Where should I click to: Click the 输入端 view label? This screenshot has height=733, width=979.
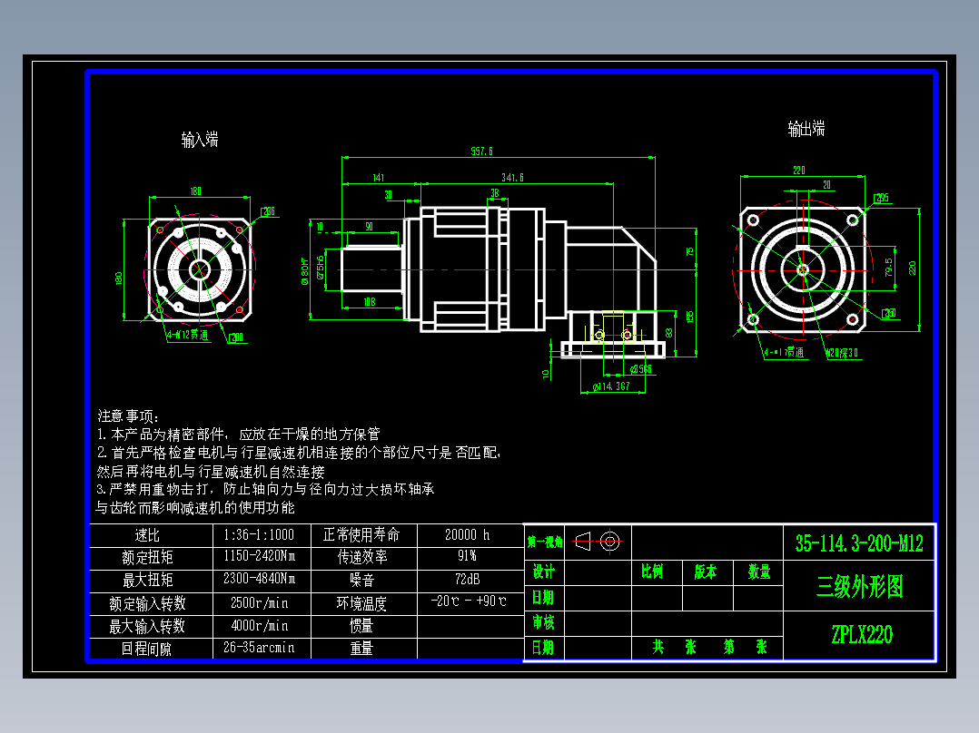[200, 140]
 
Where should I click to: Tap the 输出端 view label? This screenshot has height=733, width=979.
[806, 129]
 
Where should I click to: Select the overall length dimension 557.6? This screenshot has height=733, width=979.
[481, 151]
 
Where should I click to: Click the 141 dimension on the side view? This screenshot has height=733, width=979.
[379, 178]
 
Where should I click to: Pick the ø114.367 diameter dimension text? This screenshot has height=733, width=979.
[611, 386]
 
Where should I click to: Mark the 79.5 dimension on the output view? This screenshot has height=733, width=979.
[888, 268]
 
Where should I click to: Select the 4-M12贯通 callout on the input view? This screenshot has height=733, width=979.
[187, 334]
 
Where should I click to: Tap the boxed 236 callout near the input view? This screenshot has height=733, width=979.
[268, 211]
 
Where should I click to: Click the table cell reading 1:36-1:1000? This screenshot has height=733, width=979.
[260, 534]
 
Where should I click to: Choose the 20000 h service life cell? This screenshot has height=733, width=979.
[468, 534]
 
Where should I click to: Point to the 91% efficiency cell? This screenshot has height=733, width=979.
[468, 556]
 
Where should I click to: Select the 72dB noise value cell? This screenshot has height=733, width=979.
[468, 579]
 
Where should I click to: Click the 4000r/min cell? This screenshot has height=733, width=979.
[260, 625]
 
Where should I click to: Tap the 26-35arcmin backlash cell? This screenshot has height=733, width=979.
[260, 648]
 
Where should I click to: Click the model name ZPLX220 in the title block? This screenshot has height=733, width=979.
[860, 635]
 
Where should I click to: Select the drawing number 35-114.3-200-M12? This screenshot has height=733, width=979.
[859, 543]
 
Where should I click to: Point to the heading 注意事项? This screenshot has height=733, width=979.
[127, 415]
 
